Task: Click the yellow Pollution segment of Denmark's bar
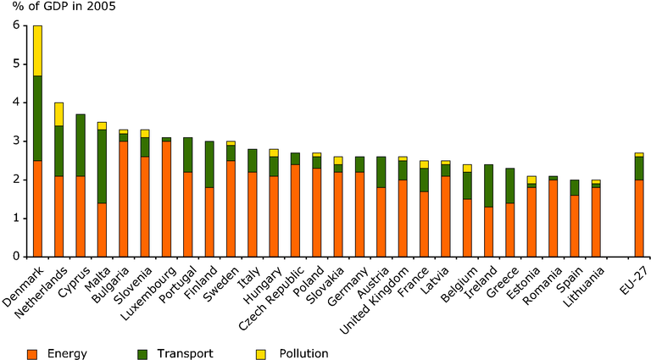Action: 37,51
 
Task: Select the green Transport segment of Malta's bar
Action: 102,166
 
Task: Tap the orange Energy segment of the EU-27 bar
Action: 639,219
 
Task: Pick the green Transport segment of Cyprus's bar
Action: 81,145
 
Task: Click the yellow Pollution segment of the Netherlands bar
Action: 59,114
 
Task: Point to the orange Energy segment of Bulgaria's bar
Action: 123,199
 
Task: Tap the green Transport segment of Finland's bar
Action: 209,164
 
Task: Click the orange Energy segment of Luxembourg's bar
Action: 166,199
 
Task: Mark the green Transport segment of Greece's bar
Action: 510,186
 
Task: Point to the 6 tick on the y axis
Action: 25,25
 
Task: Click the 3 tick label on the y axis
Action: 16,141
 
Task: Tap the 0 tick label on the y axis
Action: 16,257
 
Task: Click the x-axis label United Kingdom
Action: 375,301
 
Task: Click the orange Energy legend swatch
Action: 32,354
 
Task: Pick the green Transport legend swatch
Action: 142,354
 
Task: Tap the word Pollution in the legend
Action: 303,353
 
